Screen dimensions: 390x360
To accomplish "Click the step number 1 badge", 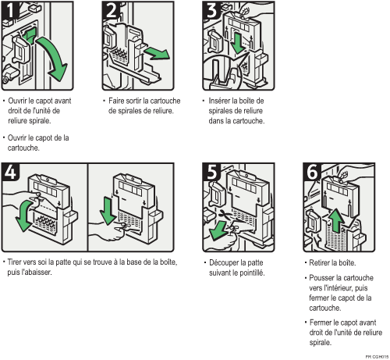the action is [x=10, y=10].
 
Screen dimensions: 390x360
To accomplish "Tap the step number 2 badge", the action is [x=111, y=10].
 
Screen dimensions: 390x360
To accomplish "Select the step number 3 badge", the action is [x=211, y=10].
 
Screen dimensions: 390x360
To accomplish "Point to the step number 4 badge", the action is [x=10, y=172].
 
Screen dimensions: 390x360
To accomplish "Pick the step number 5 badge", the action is [x=211, y=172].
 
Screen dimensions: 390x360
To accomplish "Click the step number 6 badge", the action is [x=311, y=172].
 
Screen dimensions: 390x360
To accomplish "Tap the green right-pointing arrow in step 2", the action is [x=158, y=53].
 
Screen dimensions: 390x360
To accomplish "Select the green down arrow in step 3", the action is [x=237, y=43].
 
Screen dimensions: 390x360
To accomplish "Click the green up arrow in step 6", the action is [x=336, y=221].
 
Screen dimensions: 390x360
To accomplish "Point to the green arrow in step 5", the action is [x=218, y=230].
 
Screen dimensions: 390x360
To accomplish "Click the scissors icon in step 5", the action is [x=225, y=215].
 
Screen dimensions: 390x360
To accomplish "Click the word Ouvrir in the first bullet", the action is [x=17, y=101].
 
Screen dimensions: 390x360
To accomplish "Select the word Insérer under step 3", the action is [x=219, y=101].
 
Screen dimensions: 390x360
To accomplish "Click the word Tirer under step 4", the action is [x=15, y=262].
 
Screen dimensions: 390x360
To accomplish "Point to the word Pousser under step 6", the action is [x=321, y=278].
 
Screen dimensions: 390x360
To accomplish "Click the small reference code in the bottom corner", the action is [x=377, y=357].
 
